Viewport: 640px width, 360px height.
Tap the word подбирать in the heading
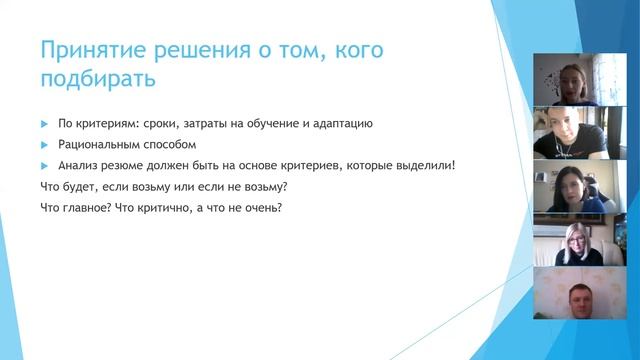coord(98,77)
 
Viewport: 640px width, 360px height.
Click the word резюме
coord(125,165)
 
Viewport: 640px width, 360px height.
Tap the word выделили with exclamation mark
coord(424,165)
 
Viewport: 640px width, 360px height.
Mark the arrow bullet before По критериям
coord(44,124)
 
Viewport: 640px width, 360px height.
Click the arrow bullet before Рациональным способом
coord(44,144)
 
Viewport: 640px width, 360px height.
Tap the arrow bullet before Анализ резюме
coord(44,165)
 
